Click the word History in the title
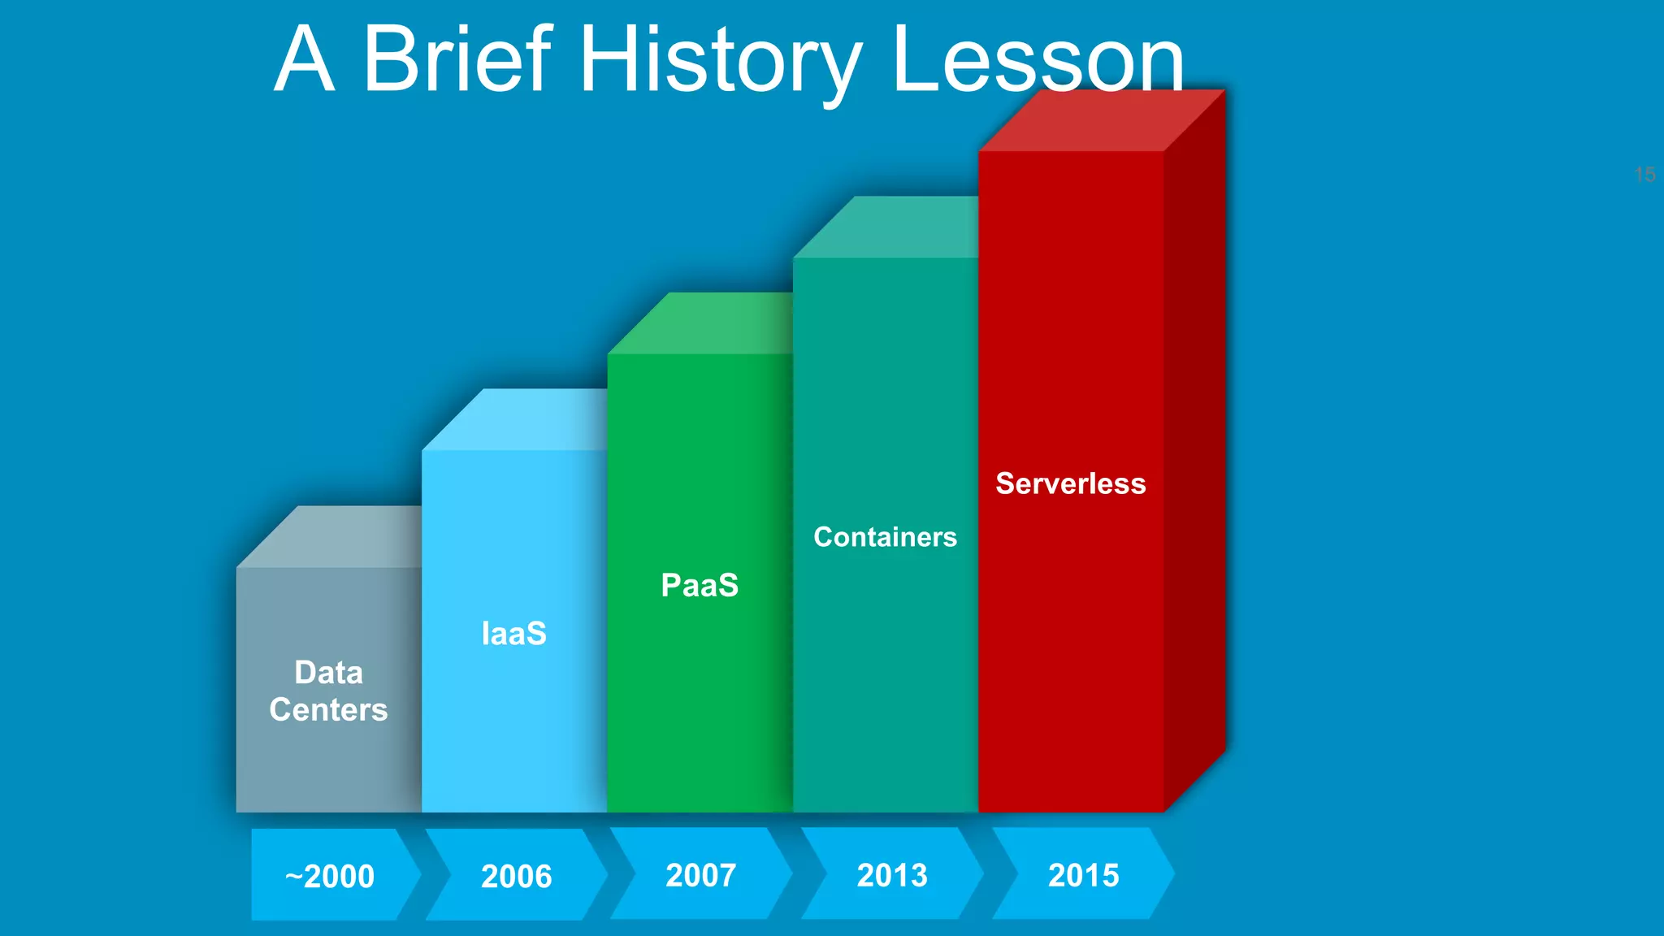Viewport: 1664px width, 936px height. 719,60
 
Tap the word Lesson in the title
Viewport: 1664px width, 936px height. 1038,60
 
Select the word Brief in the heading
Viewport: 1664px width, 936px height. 457,60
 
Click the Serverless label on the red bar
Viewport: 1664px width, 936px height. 1070,483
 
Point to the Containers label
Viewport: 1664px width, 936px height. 885,537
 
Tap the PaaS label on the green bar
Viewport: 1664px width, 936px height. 700,585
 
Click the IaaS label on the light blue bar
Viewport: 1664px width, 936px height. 513,634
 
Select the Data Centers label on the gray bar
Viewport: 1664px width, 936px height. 328,691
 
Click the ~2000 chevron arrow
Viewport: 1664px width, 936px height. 330,875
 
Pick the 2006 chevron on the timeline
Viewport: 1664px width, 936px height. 517,875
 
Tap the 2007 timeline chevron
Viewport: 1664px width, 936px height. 700,874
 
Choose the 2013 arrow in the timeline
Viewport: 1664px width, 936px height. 892,874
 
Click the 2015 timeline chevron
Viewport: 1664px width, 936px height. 1083,874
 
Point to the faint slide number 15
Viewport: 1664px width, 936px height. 1644,175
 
